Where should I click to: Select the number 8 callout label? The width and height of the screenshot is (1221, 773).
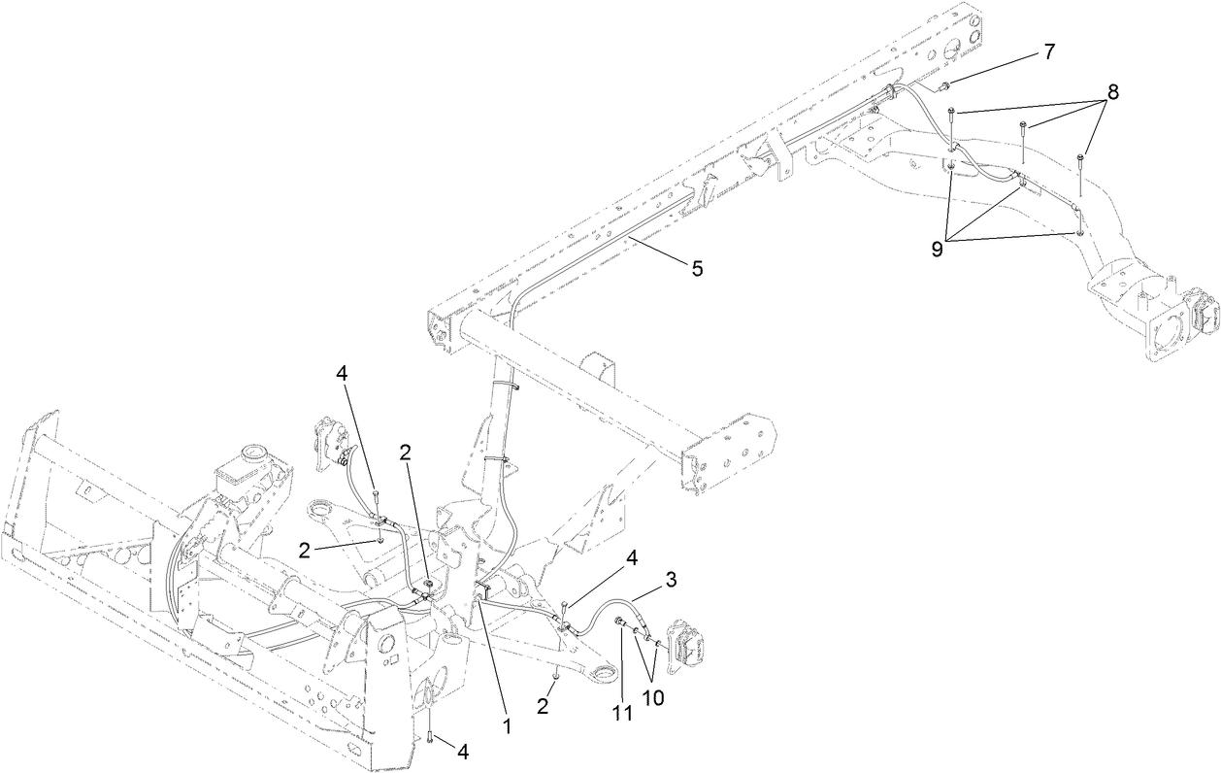pyautogui.click(x=1112, y=92)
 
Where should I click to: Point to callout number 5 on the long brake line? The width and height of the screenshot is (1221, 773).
pyautogui.click(x=697, y=269)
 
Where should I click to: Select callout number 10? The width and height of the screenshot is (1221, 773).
pyautogui.click(x=653, y=698)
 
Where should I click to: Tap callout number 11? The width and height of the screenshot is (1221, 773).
pyautogui.click(x=622, y=712)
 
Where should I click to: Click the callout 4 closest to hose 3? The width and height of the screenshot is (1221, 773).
pyautogui.click(x=631, y=557)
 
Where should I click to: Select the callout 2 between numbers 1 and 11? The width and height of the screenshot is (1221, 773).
pyautogui.click(x=543, y=706)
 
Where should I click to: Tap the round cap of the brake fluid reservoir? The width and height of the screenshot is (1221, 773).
pyautogui.click(x=253, y=453)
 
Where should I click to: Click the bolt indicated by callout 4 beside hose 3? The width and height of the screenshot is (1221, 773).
pyautogui.click(x=563, y=609)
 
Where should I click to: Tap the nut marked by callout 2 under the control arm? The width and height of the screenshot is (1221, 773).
pyautogui.click(x=553, y=674)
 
